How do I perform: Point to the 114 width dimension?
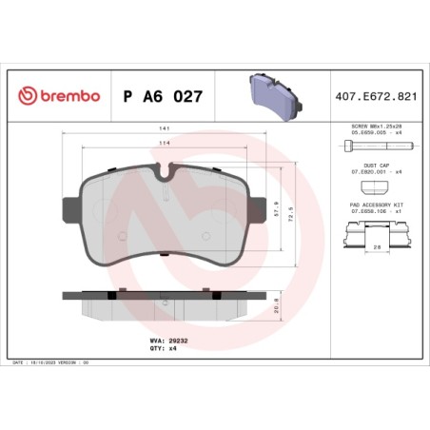[x=166, y=144]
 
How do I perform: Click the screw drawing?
[x=372, y=147]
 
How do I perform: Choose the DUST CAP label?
[x=377, y=164]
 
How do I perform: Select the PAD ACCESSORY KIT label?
[x=377, y=204]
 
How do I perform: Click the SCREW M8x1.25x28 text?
[x=377, y=126]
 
